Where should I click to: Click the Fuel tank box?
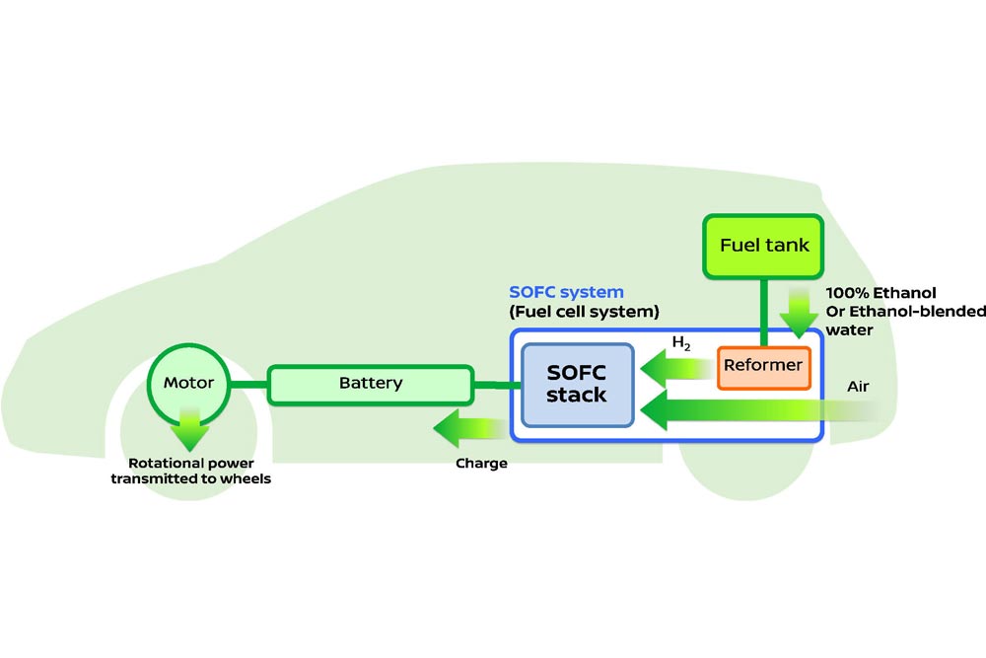pyautogui.click(x=763, y=246)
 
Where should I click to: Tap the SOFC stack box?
pyautogui.click(x=577, y=385)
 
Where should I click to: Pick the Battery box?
pyautogui.click(x=371, y=383)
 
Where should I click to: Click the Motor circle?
pyautogui.click(x=188, y=383)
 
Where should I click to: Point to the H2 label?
pyautogui.click(x=681, y=344)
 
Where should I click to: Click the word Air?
pyautogui.click(x=858, y=387)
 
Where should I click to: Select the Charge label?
pyautogui.click(x=481, y=463)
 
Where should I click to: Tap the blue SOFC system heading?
pyautogui.click(x=566, y=292)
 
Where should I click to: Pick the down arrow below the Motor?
pyautogui.click(x=188, y=430)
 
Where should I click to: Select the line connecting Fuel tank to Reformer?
pyautogui.click(x=763, y=311)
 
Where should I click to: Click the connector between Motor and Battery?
pyautogui.click(x=248, y=383)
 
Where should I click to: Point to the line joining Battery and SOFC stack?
pyautogui.click(x=492, y=384)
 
